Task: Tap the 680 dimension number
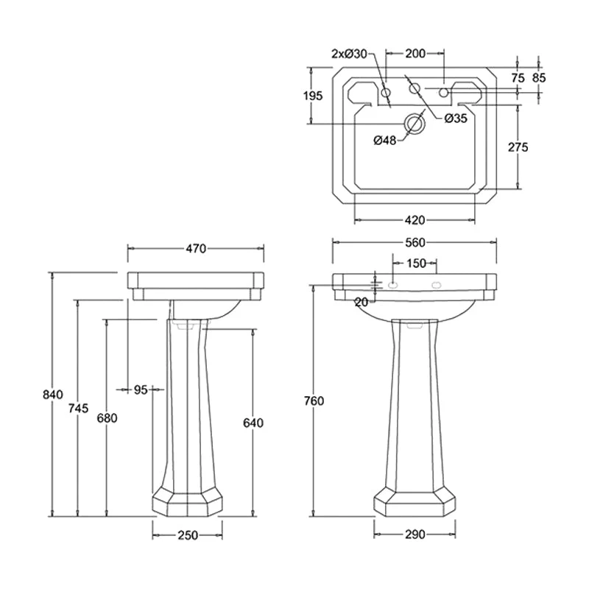point(107,418)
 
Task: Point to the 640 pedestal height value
point(253,423)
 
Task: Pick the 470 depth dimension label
point(195,249)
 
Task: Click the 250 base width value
point(188,535)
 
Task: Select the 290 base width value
point(415,535)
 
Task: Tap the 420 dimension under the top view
point(415,220)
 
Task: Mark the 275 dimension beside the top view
point(518,147)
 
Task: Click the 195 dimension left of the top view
point(312,96)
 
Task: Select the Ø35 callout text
point(456,119)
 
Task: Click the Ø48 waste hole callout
point(385,140)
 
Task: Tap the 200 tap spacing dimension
point(415,54)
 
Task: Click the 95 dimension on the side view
point(141,389)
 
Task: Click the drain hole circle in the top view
point(414,124)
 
